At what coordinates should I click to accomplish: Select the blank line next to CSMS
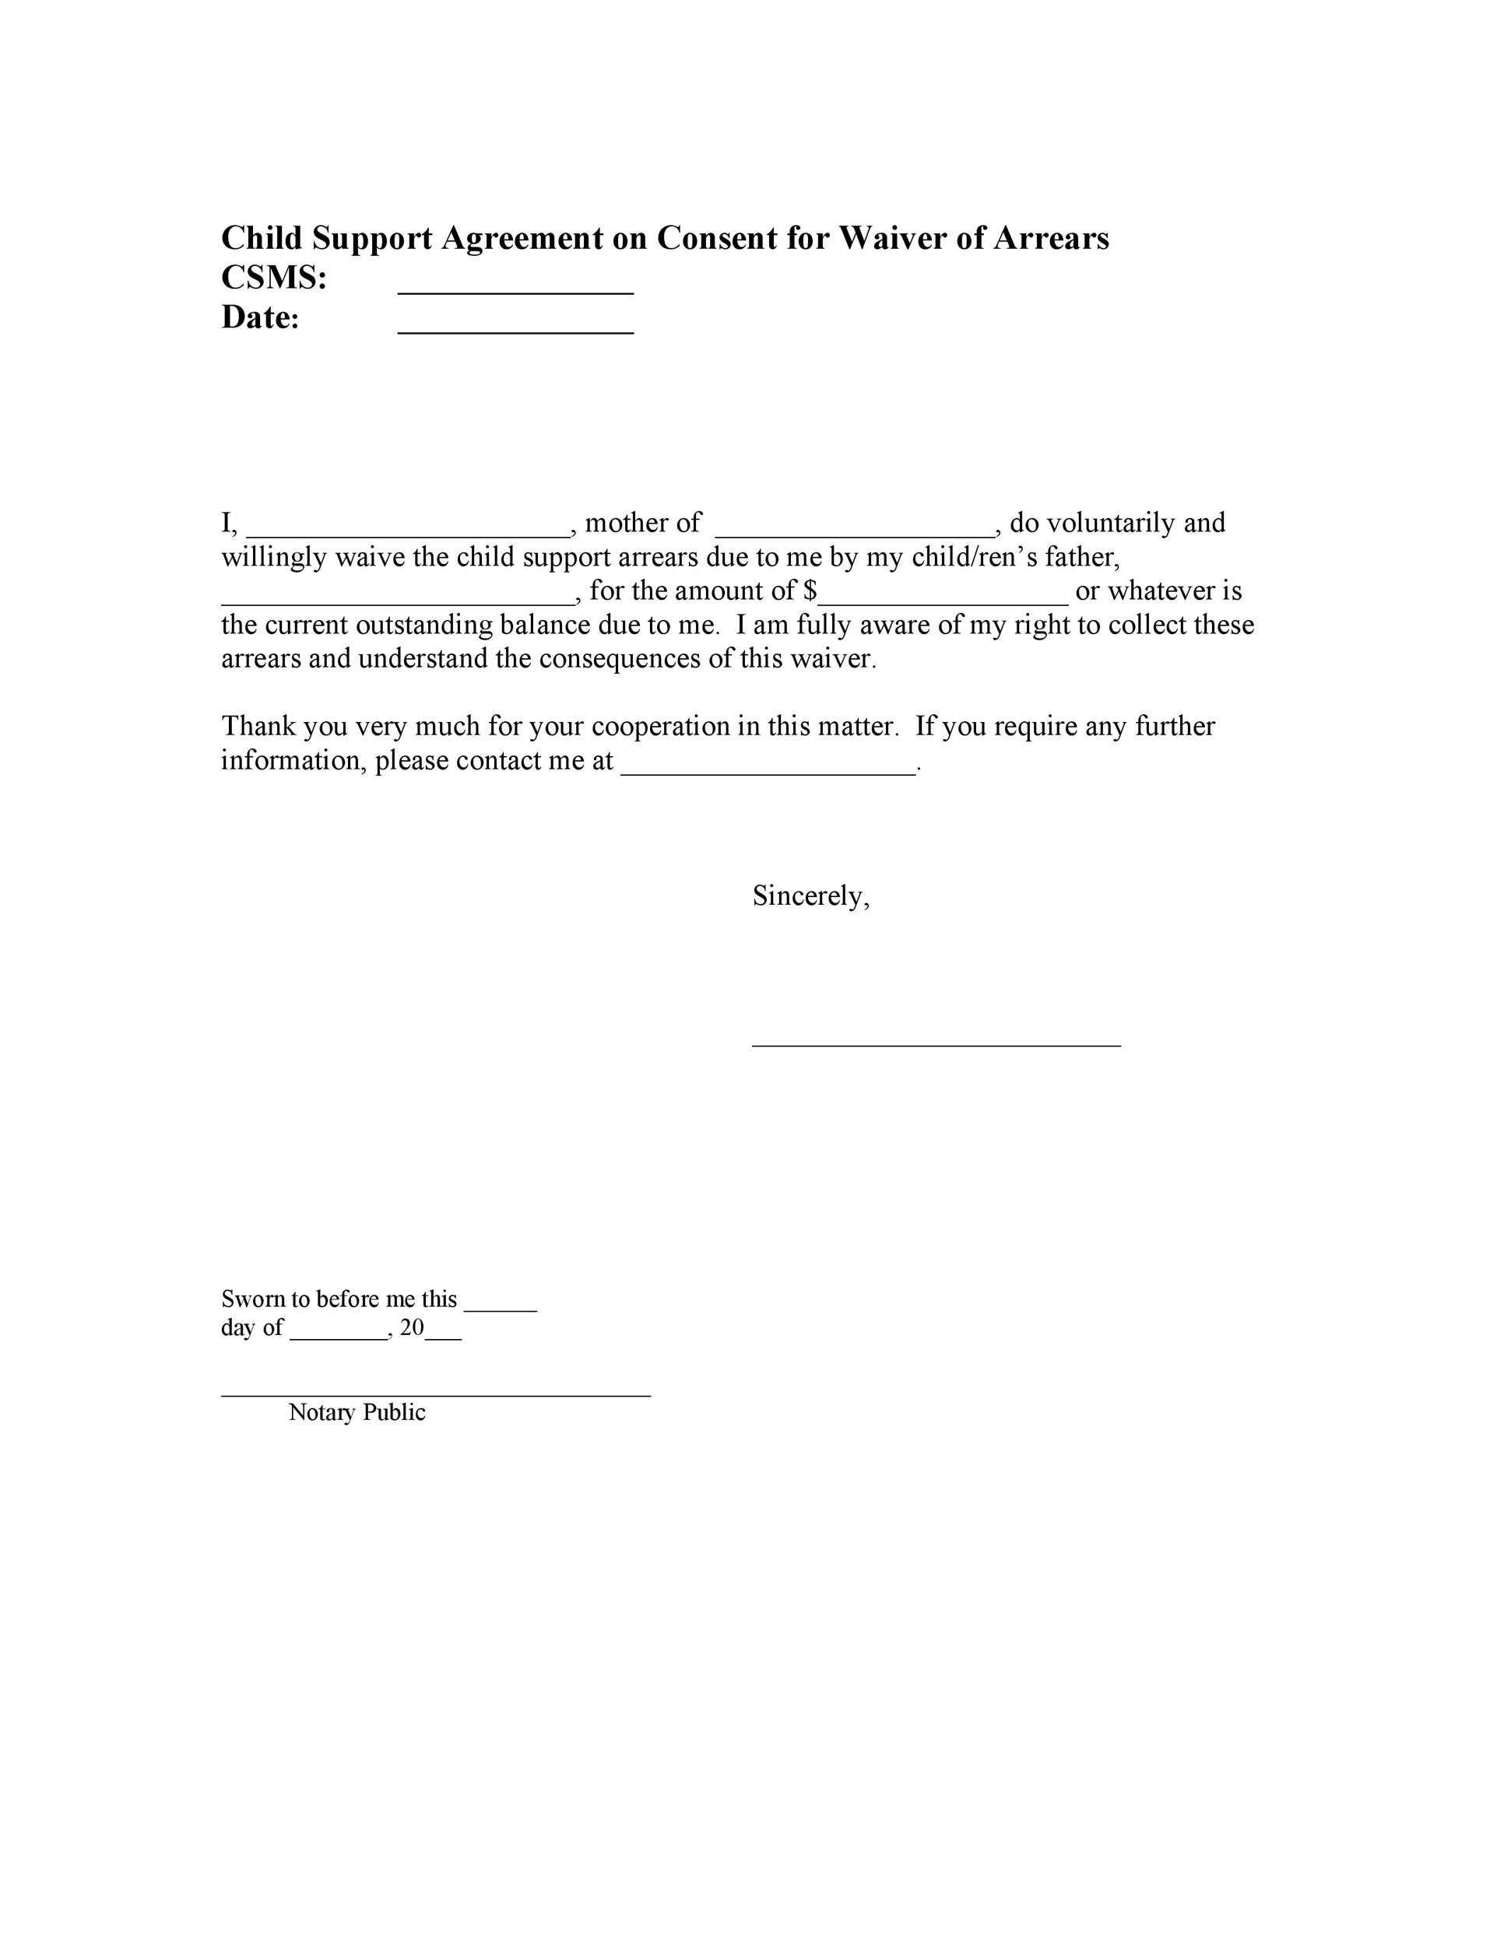tap(515, 290)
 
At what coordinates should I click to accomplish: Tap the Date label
tap(260, 318)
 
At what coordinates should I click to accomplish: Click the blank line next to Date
tap(515, 331)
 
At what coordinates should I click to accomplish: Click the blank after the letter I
tap(407, 534)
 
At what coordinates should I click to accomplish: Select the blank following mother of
tap(855, 534)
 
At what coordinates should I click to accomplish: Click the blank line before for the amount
tap(397, 602)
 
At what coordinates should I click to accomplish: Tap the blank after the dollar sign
tap(943, 602)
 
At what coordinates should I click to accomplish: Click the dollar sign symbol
tap(810, 591)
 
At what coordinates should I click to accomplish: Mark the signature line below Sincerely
tap(936, 1045)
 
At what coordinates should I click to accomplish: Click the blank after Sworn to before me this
tap(500, 1309)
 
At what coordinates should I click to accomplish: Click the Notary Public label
tap(357, 1412)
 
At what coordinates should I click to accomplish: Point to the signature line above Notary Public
tap(436, 1396)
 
